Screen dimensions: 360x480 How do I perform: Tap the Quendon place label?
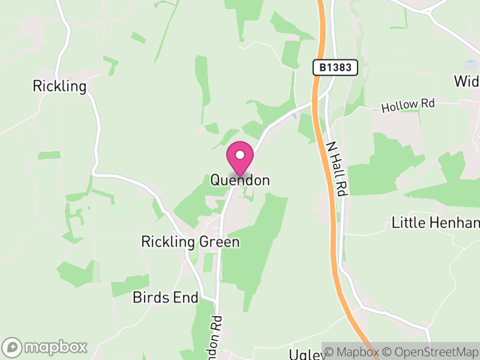coord(240,180)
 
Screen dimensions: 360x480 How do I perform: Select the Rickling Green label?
coord(190,242)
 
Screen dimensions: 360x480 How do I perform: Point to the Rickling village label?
coord(59,86)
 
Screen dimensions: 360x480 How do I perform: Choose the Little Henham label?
coord(436,223)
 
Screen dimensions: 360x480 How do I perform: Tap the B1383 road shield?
coord(335,68)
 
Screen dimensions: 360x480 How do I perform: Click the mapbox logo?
coord(45,347)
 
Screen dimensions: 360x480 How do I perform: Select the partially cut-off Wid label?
coord(467,81)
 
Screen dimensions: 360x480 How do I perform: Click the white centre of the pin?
coord(240,155)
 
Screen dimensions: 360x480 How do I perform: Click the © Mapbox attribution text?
coord(353,352)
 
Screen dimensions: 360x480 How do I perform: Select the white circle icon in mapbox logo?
coord(12,347)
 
